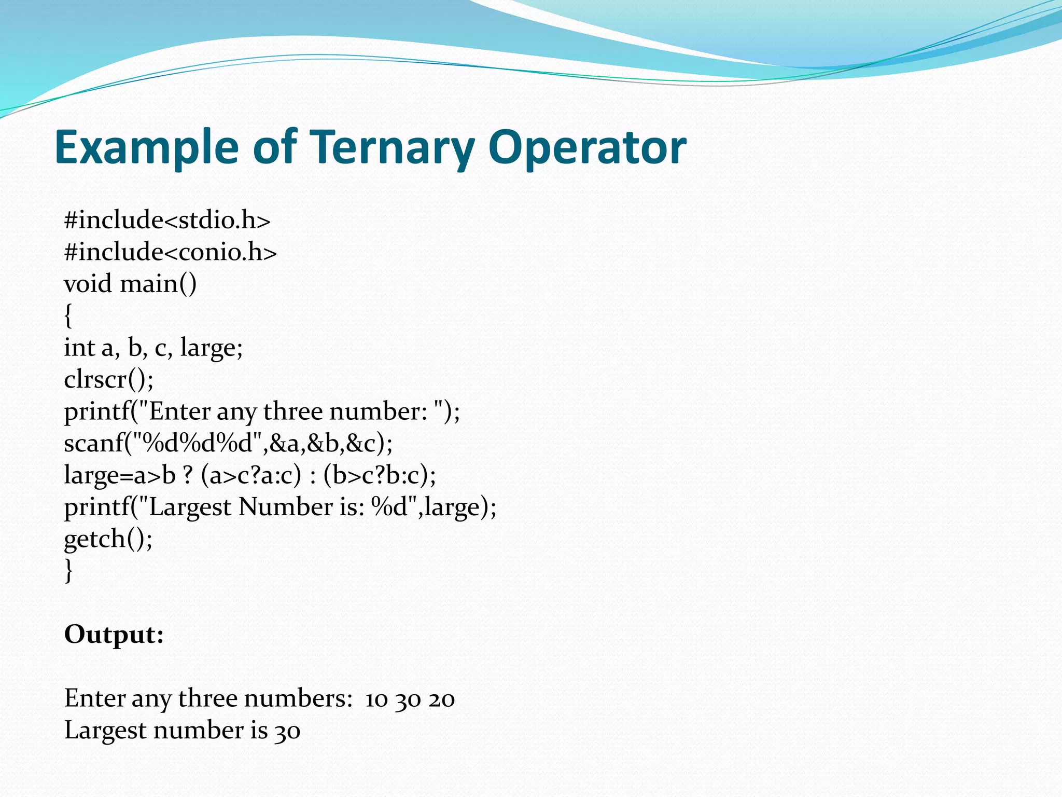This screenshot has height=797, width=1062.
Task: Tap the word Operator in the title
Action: coord(587,147)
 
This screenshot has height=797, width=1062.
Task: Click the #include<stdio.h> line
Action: coord(167,220)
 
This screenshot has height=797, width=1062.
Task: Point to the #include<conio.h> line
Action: coord(170,252)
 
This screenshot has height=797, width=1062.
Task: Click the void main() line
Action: coord(130,284)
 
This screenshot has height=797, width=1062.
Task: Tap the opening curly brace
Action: coord(68,316)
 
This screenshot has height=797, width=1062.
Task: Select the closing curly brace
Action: coord(68,571)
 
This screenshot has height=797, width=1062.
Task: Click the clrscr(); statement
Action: coord(109,380)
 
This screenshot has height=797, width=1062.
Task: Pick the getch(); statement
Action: coord(108,539)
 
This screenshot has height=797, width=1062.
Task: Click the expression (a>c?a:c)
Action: coord(251,475)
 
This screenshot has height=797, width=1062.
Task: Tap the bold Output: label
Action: coord(114,635)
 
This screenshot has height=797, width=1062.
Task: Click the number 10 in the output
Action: coord(376,699)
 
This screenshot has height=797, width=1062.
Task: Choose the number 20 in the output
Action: coord(442,699)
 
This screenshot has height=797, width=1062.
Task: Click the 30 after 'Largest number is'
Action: coord(287,731)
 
